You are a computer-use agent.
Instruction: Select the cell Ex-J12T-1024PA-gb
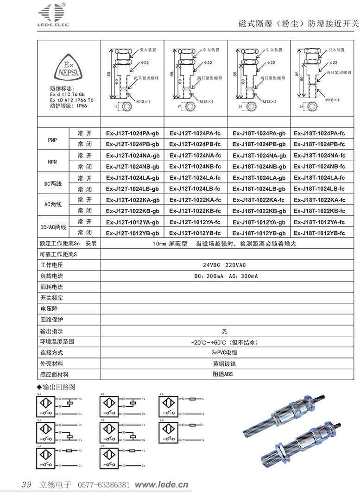click(133, 133)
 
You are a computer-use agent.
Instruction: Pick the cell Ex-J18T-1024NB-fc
click(319, 167)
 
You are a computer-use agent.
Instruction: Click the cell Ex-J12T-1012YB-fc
click(195, 233)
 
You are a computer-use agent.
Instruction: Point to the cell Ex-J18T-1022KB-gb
click(259, 211)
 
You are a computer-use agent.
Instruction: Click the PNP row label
click(52, 139)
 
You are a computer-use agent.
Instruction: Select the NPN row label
click(52, 161)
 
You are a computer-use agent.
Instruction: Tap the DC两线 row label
click(52, 183)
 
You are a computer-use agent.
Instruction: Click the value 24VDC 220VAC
click(224, 265)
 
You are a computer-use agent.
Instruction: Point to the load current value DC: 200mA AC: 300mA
click(224, 276)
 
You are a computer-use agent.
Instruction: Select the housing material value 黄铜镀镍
click(224, 364)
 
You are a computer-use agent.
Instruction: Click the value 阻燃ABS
click(224, 374)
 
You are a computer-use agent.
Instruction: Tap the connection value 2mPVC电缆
click(224, 353)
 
